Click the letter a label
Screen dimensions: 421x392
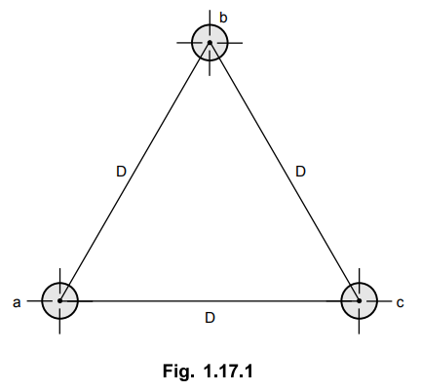17,302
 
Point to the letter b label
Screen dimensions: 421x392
223,18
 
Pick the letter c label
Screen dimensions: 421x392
400,302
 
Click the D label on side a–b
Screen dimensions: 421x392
121,172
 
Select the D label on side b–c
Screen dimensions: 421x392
301,172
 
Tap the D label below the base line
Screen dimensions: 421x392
210,318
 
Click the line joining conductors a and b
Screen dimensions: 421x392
134,172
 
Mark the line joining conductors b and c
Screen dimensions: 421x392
285,172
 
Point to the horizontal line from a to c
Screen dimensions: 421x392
210,301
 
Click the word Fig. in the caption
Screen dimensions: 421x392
178,372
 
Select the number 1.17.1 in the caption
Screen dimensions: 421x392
228,371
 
